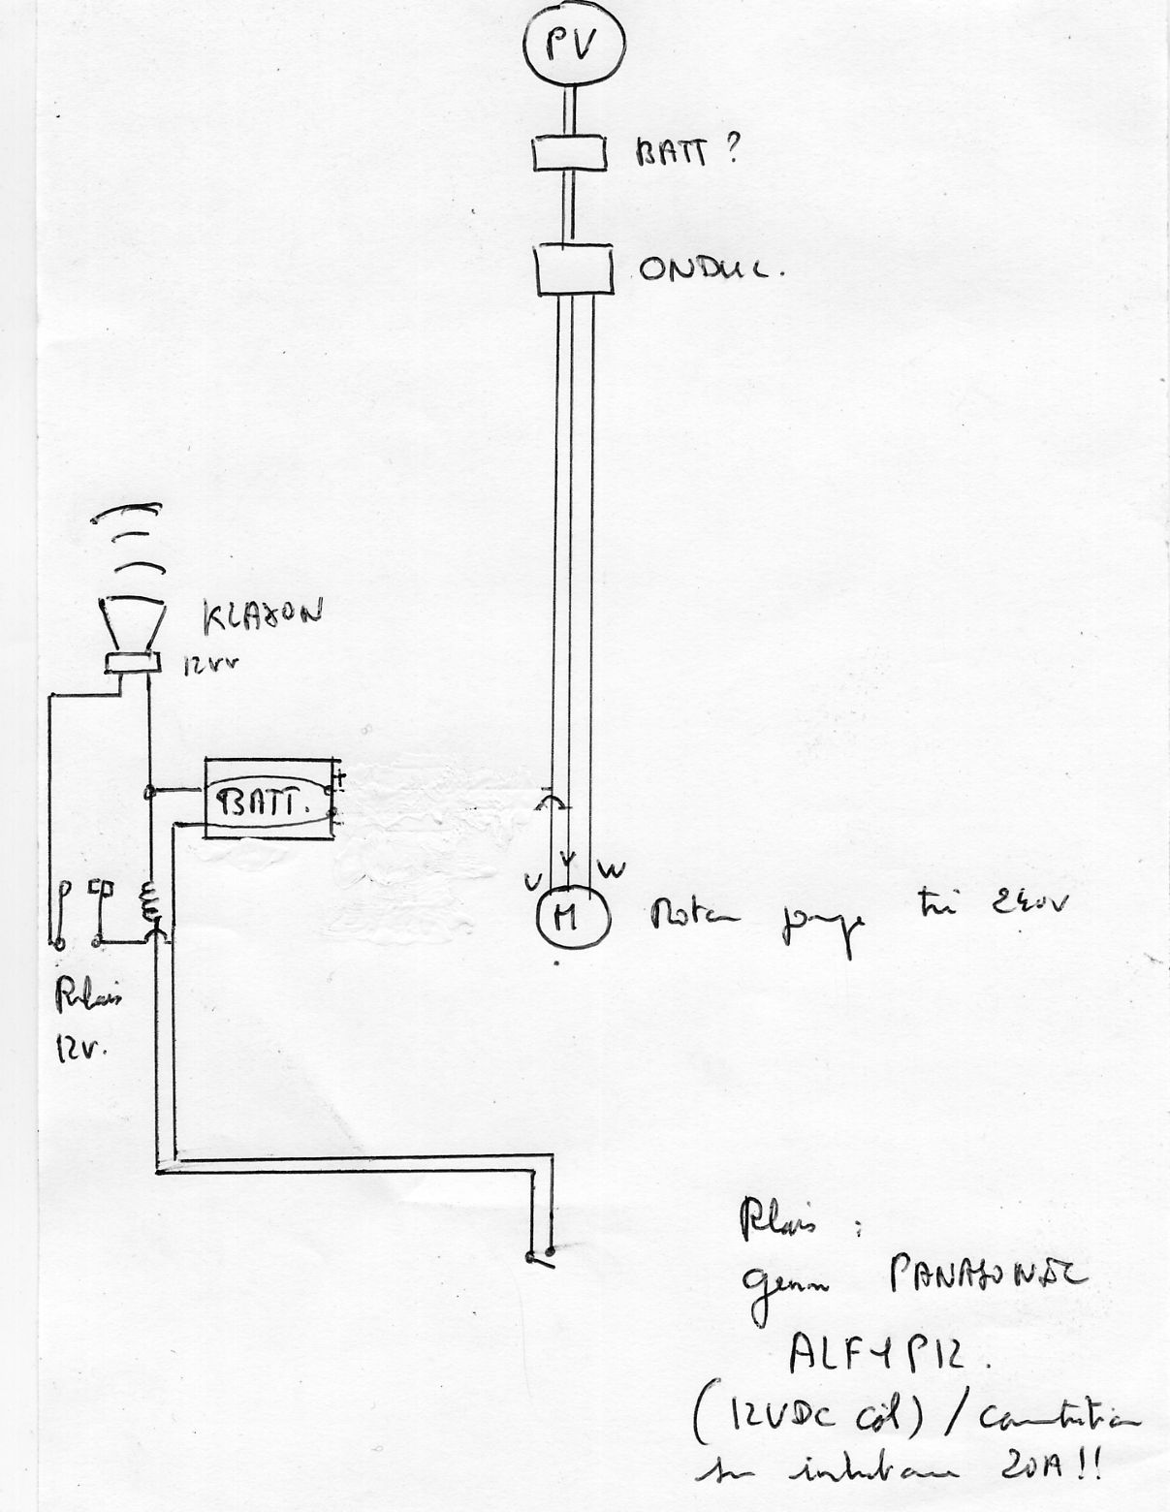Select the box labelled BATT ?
570,153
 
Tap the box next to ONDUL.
574,268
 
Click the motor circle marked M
572,915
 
